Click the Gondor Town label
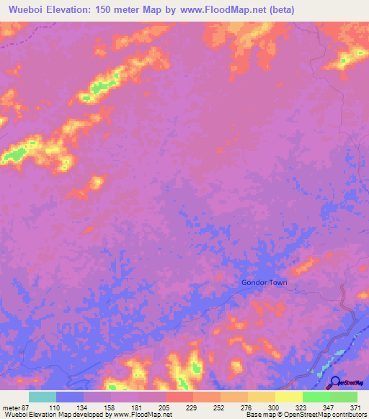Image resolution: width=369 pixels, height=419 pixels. click(264, 282)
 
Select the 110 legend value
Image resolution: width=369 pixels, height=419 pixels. click(55, 407)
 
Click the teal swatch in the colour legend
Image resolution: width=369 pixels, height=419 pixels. click(42, 397)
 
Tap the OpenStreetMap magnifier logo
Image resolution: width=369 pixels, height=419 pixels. click(335, 382)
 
